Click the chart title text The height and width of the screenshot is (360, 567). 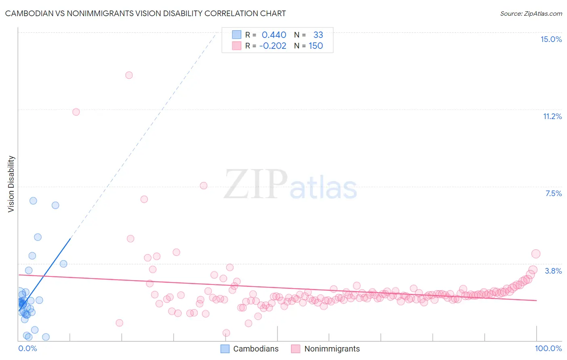click(x=145, y=14)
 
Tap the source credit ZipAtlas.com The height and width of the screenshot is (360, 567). click(x=531, y=14)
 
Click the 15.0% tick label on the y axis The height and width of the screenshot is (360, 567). click(x=551, y=39)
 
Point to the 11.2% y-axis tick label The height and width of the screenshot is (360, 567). click(x=552, y=117)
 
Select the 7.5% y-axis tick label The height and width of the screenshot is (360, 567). click(x=553, y=194)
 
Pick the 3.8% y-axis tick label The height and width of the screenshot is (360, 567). click(x=553, y=271)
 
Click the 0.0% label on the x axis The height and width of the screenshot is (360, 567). click(x=28, y=349)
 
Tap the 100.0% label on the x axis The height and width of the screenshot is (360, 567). click(x=548, y=349)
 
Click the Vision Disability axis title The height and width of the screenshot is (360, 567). click(x=11, y=184)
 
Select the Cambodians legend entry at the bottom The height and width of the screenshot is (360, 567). click(x=256, y=349)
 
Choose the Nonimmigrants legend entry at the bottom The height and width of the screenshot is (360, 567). click(x=331, y=349)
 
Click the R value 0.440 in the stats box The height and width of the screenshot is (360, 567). click(x=274, y=35)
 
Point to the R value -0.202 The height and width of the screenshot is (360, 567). click(x=273, y=46)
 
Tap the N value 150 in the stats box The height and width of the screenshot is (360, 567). click(x=316, y=46)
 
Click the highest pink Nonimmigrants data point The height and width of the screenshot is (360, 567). click(x=129, y=75)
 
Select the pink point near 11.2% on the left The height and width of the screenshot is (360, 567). click(x=76, y=112)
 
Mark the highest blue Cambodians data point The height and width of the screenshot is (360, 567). click(x=33, y=201)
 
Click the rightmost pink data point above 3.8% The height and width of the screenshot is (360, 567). click(x=536, y=254)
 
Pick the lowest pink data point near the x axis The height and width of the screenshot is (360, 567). click(x=226, y=333)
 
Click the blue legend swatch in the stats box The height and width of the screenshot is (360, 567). click(x=237, y=35)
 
